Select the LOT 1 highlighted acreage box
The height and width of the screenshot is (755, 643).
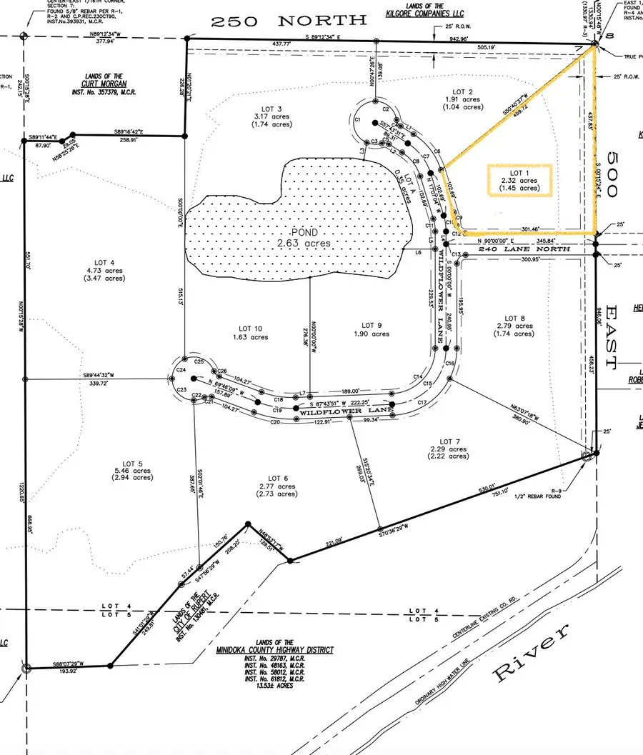tap(519, 181)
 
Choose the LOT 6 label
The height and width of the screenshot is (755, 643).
tap(276, 486)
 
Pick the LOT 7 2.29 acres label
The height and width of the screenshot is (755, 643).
tap(448, 449)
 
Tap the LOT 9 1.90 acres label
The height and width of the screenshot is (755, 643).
tap(370, 329)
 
